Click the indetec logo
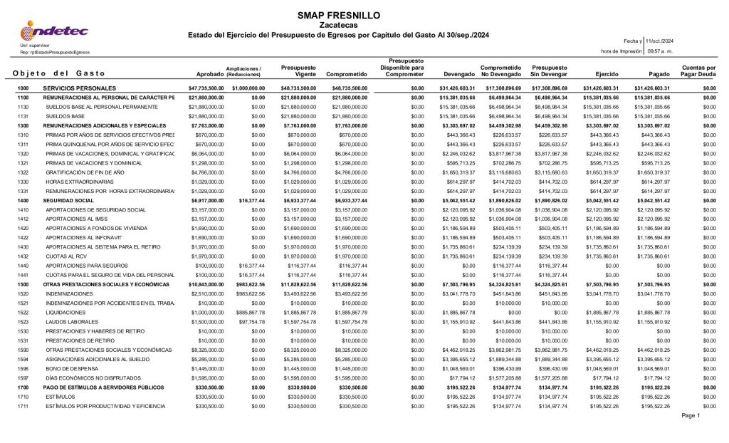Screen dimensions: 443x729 click(54, 30)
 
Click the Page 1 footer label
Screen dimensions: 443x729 click(691, 415)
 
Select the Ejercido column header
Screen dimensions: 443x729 click(598, 73)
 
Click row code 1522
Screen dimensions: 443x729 click(23, 311)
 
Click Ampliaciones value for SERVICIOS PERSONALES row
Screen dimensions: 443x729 click(248, 88)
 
